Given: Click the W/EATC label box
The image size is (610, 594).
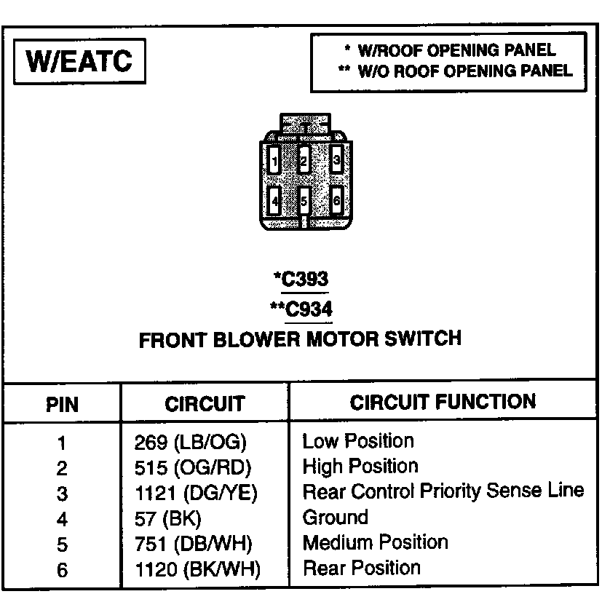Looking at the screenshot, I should click(x=79, y=61).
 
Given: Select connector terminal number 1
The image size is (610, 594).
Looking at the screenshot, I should click(x=274, y=159).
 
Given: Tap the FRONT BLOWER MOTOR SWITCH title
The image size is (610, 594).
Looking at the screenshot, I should click(x=299, y=338).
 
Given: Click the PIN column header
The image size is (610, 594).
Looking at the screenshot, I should click(x=62, y=404).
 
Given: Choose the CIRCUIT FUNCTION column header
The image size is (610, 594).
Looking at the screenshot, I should click(x=443, y=402).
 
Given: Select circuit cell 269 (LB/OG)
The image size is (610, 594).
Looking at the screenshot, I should click(x=191, y=443).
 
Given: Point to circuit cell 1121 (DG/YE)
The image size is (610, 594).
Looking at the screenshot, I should click(x=196, y=494).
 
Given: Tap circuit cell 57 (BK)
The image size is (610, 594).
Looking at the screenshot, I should click(x=167, y=519).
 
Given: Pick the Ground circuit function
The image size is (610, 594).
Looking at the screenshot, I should click(x=336, y=518).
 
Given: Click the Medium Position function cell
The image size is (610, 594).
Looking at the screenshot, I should click(x=375, y=543).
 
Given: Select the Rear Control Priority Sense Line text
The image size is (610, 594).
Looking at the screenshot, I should click(x=443, y=491).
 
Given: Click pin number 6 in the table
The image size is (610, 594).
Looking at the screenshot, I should click(x=62, y=570).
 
